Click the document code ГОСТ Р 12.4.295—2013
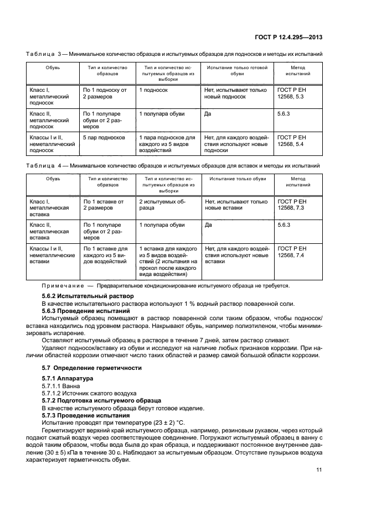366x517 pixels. click(290, 38)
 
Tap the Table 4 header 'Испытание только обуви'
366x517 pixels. click(237, 179)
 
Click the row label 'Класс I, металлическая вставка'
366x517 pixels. click(49, 208)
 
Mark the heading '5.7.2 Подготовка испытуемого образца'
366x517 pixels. click(101, 399)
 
